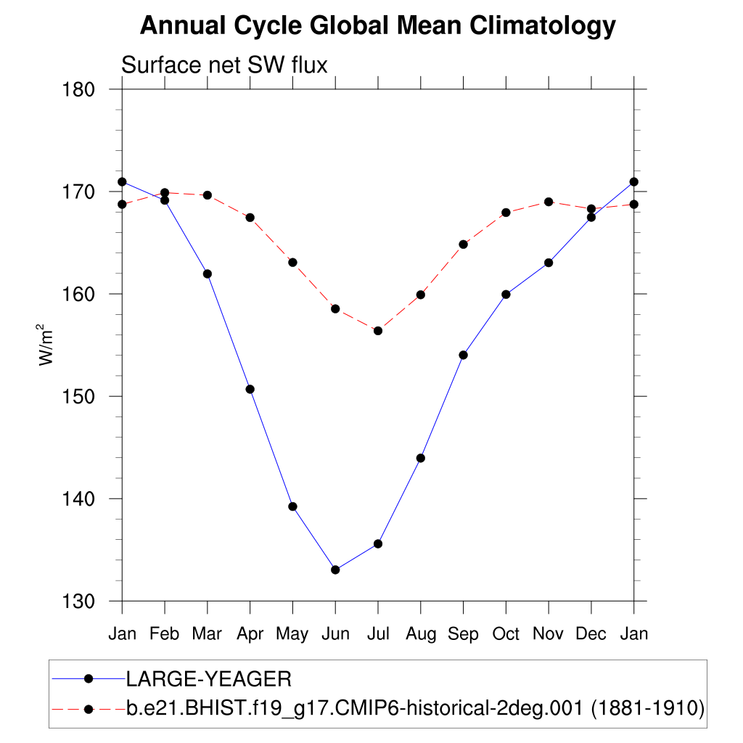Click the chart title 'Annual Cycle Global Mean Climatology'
[x=377, y=26]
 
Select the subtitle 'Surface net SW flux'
[x=224, y=65]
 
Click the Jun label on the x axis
[x=335, y=634]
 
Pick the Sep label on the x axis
[x=463, y=634]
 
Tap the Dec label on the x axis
[x=591, y=634]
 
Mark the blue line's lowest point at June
[x=335, y=570]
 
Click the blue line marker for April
[x=250, y=389]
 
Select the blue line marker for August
[x=421, y=458]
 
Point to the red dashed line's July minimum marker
[x=378, y=331]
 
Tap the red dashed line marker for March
[x=208, y=195]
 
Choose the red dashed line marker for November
[x=549, y=202]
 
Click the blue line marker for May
[x=292, y=506]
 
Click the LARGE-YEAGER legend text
[x=209, y=679]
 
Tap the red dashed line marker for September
[x=463, y=244]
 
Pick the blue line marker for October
[x=506, y=294]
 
